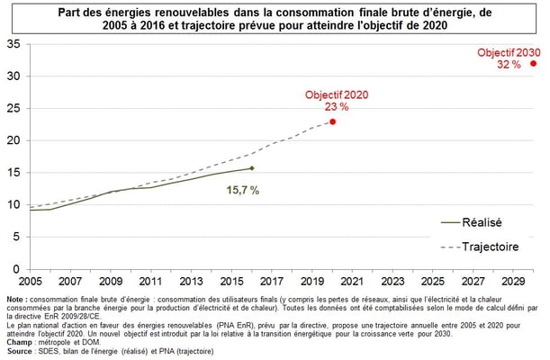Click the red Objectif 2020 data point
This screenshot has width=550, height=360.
coord(332,121)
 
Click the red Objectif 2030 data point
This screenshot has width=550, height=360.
coord(533,63)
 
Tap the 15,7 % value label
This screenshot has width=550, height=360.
coord(242,190)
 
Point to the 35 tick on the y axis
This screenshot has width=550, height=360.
coord(13,44)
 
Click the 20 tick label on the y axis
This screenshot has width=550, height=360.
coord(13,140)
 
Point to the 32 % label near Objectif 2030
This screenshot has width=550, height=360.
coord(509,65)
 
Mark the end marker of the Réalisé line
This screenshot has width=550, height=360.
coord(251,168)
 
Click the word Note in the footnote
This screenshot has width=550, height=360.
coord(14,300)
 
